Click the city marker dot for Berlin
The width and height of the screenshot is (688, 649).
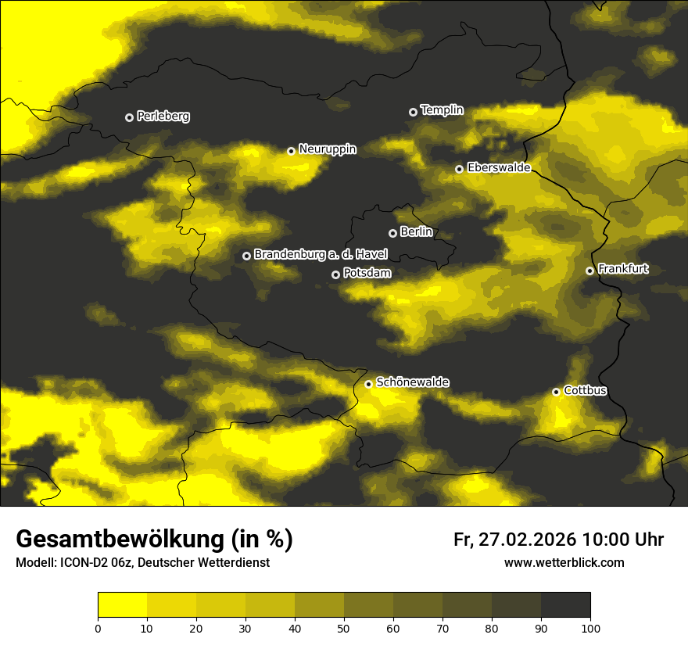click(392, 233)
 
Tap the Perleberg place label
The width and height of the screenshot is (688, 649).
click(163, 117)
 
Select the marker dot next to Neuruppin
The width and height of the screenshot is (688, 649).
click(291, 151)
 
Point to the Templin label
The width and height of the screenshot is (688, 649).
click(442, 110)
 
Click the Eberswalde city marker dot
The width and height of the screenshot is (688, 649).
click(459, 169)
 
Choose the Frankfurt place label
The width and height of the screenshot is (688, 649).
click(623, 269)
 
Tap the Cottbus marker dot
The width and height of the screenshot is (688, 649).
click(556, 392)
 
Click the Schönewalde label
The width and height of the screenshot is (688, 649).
click(412, 382)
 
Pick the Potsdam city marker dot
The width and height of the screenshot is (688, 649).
click(335, 274)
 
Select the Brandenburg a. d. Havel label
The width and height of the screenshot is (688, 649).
click(321, 255)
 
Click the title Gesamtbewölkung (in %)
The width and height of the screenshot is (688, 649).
click(154, 540)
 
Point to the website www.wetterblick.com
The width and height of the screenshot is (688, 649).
click(564, 562)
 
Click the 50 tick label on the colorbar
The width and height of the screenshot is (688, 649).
click(344, 627)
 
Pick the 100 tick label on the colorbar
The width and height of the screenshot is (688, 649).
click(590, 627)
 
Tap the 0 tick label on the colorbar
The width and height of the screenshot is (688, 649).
click(98, 627)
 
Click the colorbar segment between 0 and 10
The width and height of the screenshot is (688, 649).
click(122, 605)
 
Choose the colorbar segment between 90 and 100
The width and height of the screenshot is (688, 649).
click(565, 605)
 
